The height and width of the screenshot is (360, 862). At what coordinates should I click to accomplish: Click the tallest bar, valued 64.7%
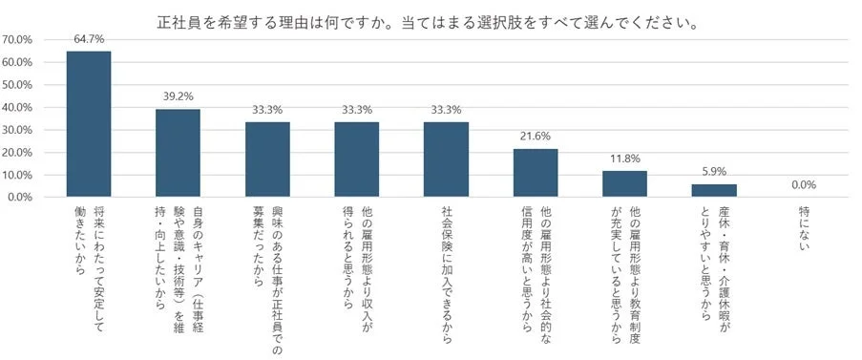tap(89, 124)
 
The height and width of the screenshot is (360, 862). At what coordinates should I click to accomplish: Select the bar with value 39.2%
tap(178, 153)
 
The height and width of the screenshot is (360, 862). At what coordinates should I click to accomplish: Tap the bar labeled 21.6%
tap(536, 173)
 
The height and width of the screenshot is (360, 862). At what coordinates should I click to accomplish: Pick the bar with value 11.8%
tap(624, 184)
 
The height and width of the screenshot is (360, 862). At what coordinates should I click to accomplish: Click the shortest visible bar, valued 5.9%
tap(714, 191)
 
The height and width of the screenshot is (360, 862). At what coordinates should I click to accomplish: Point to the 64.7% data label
tap(89, 39)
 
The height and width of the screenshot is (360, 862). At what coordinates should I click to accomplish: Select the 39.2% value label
tap(178, 96)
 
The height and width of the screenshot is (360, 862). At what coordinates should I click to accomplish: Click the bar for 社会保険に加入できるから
tap(446, 159)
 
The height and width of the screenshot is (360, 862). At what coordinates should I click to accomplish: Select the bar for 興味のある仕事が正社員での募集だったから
tap(267, 159)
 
